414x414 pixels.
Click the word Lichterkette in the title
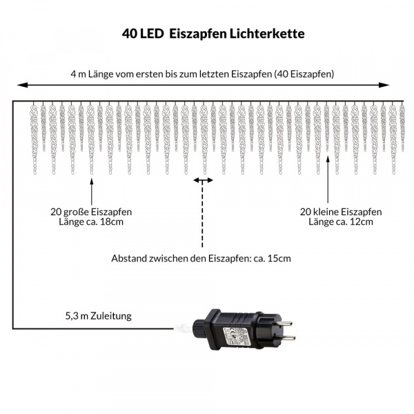pyautogui.click(x=267, y=34)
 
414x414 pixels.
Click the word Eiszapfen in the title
pyautogui.click(x=198, y=34)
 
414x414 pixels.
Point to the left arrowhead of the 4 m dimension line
pyautogui.click(x=23, y=85)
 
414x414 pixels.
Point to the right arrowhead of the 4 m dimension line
pyautogui.click(x=384, y=85)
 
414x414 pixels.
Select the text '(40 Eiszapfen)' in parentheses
pyautogui.click(x=304, y=75)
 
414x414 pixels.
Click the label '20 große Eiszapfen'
pyautogui.click(x=91, y=212)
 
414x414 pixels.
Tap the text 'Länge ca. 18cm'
pyautogui.click(x=91, y=221)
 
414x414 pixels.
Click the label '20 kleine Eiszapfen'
pyautogui.click(x=341, y=212)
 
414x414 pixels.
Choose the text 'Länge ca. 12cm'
pyautogui.click(x=341, y=221)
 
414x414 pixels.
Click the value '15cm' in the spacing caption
pyautogui.click(x=279, y=258)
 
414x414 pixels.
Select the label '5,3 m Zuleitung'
pyautogui.click(x=99, y=316)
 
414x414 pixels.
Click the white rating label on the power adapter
pyautogui.click(x=237, y=336)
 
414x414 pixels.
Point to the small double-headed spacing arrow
pyautogui.click(x=203, y=181)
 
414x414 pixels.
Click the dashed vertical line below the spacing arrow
pyautogui.click(x=202, y=215)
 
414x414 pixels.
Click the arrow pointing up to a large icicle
pyautogui.click(x=92, y=192)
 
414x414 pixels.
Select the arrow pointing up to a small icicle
pyautogui.click(x=328, y=179)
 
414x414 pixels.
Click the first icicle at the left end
pyautogui.click(x=34, y=139)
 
